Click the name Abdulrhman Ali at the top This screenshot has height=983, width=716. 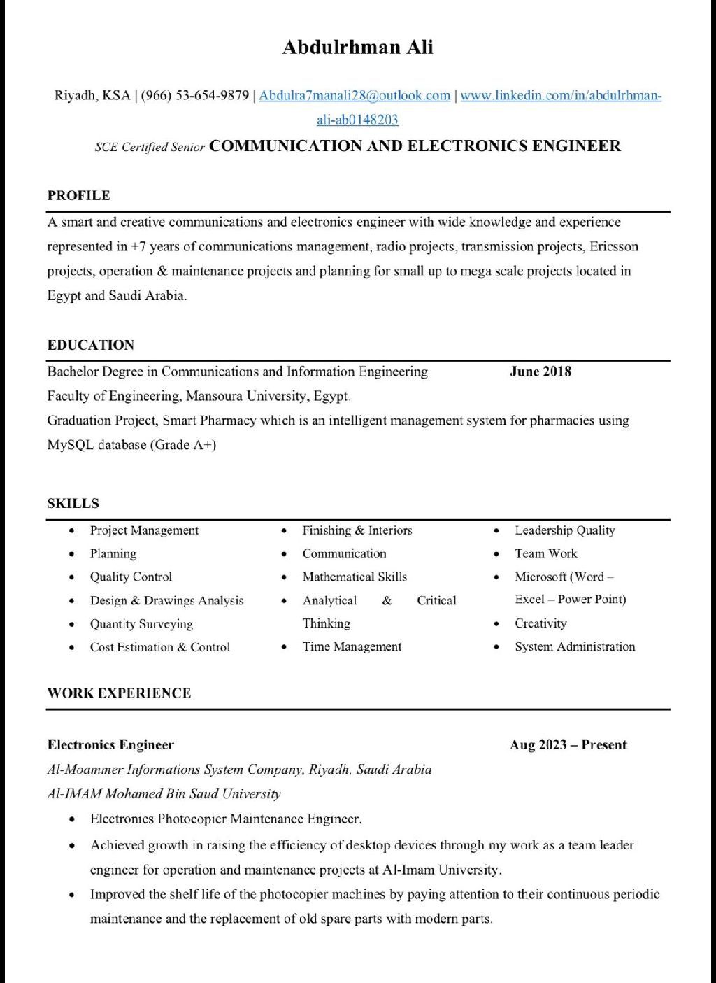click(x=357, y=48)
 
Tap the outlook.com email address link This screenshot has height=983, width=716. click(x=355, y=96)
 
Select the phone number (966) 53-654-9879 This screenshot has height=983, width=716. click(x=195, y=96)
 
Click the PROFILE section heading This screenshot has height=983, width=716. click(x=79, y=196)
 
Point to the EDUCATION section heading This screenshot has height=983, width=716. click(x=91, y=345)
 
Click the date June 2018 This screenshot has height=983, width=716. click(x=540, y=372)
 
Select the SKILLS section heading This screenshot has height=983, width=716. click(x=73, y=504)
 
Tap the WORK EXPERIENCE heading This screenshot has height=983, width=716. click(x=119, y=693)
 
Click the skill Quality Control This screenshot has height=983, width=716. click(x=131, y=577)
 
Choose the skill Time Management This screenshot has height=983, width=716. click(x=352, y=647)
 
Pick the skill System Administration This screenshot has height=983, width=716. click(x=575, y=647)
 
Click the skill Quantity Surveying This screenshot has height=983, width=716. click(x=141, y=624)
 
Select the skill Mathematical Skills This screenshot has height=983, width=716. click(x=355, y=577)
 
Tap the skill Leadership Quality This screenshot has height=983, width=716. click(x=565, y=530)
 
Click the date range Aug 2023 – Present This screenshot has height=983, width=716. click(x=568, y=745)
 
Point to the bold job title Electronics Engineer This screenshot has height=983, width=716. click(x=110, y=745)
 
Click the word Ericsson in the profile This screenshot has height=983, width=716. click(x=613, y=246)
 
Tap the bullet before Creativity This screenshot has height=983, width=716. click(x=496, y=624)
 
